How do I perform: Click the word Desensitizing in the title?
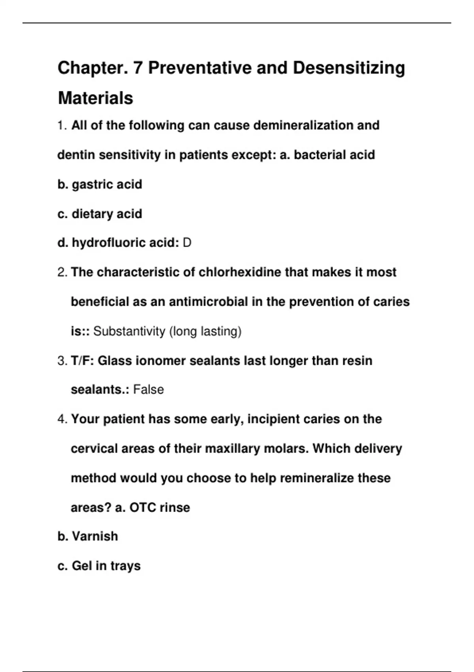click(349, 68)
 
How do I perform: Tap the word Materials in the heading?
click(95, 98)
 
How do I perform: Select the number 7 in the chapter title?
click(137, 68)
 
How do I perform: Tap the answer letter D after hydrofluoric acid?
click(187, 243)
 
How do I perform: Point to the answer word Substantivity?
click(129, 331)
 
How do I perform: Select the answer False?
click(149, 390)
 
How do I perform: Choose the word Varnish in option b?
click(95, 536)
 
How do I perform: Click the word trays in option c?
click(125, 566)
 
